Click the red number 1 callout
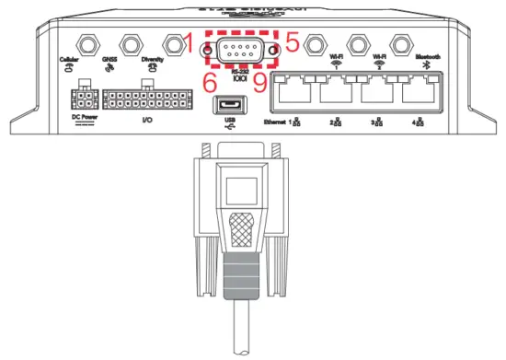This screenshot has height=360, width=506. (190, 41)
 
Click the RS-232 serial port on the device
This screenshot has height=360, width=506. (238, 52)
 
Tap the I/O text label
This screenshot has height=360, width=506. (146, 120)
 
